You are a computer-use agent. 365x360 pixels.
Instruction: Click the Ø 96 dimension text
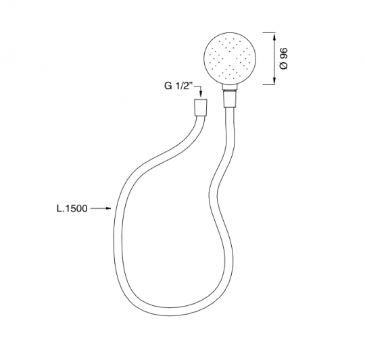pyautogui.click(x=284, y=59)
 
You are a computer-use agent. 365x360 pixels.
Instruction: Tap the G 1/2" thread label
pyautogui.click(x=178, y=86)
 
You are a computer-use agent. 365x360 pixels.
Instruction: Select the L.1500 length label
pyautogui.click(x=72, y=209)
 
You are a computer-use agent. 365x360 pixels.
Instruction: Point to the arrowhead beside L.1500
pyautogui.click(x=108, y=209)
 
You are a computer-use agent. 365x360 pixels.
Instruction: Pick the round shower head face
pyautogui.click(x=230, y=58)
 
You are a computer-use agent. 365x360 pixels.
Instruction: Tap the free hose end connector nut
pyautogui.click(x=201, y=107)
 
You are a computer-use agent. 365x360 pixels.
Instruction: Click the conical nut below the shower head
pyautogui.click(x=230, y=99)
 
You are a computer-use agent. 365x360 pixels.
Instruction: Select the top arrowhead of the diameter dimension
pyautogui.click(x=274, y=36)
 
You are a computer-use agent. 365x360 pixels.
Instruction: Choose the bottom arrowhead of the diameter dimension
pyautogui.click(x=274, y=80)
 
